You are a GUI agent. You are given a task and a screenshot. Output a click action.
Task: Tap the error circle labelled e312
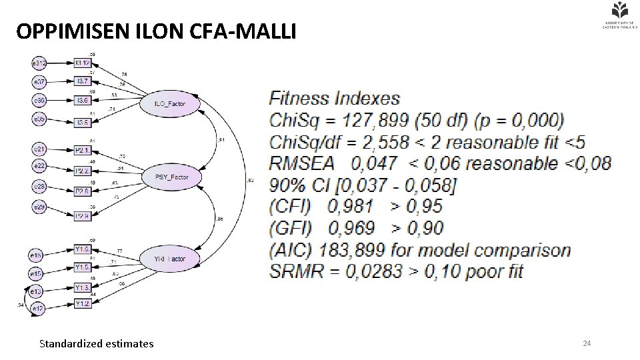point(39,63)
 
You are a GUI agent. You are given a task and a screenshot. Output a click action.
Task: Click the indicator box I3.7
point(83,81)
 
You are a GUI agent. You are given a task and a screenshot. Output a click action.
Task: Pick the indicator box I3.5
point(83,122)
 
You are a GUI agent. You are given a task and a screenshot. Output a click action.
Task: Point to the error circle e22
point(39,165)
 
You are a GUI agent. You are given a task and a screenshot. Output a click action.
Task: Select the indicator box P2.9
point(83,216)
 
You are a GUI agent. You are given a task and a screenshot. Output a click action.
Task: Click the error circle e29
point(39,209)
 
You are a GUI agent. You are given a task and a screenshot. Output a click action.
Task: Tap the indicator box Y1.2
point(83,304)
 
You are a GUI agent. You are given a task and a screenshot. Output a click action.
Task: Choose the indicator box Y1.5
point(83,267)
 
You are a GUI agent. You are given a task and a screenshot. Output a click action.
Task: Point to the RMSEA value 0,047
point(373,163)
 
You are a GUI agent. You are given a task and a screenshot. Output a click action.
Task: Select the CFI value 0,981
point(352,207)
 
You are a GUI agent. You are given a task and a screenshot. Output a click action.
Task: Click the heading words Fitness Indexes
point(334,99)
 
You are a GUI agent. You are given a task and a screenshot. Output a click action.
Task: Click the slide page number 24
point(587,343)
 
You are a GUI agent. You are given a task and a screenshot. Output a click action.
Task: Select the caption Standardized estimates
point(96,344)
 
